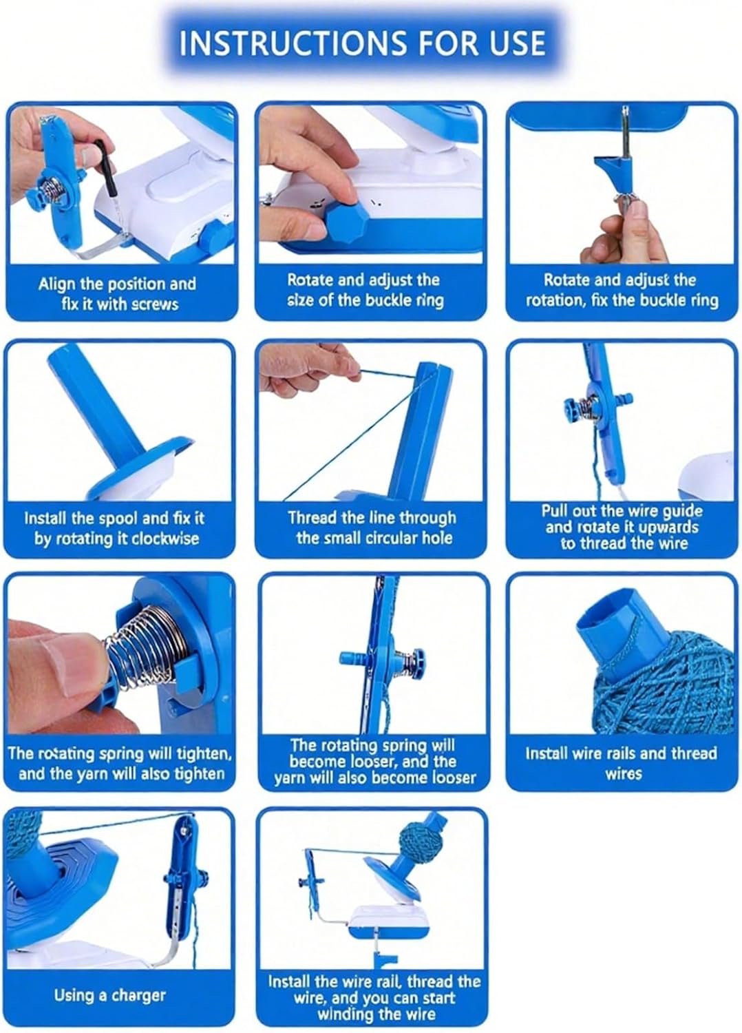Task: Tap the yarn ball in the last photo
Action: pos(419,842)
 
